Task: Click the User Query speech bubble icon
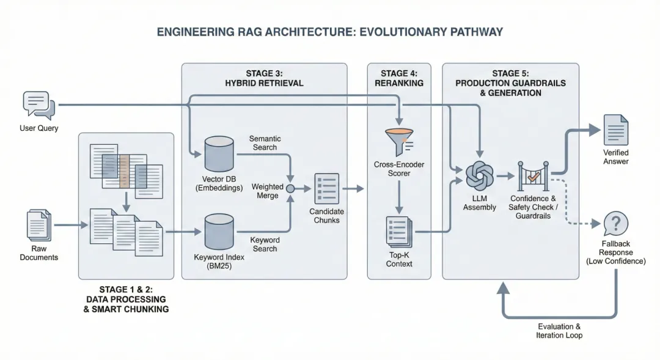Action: (38, 105)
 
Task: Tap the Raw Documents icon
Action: (38, 226)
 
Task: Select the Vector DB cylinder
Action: (219, 153)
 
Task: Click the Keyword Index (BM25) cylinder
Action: (219, 232)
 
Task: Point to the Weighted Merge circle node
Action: (290, 189)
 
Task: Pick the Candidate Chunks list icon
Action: (326, 189)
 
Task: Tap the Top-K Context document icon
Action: (399, 232)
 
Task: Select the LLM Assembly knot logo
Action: (480, 176)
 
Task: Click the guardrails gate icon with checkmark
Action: (533, 176)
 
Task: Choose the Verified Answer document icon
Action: (616, 130)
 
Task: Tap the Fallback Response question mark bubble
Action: (616, 224)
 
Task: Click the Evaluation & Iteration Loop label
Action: (559, 331)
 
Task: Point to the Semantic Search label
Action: (265, 143)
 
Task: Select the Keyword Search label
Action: (265, 244)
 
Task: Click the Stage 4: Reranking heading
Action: (399, 78)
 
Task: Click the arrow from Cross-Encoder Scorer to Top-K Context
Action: (399, 196)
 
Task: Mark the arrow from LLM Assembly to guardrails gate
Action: (505, 176)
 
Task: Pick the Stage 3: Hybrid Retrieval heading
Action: (265, 78)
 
